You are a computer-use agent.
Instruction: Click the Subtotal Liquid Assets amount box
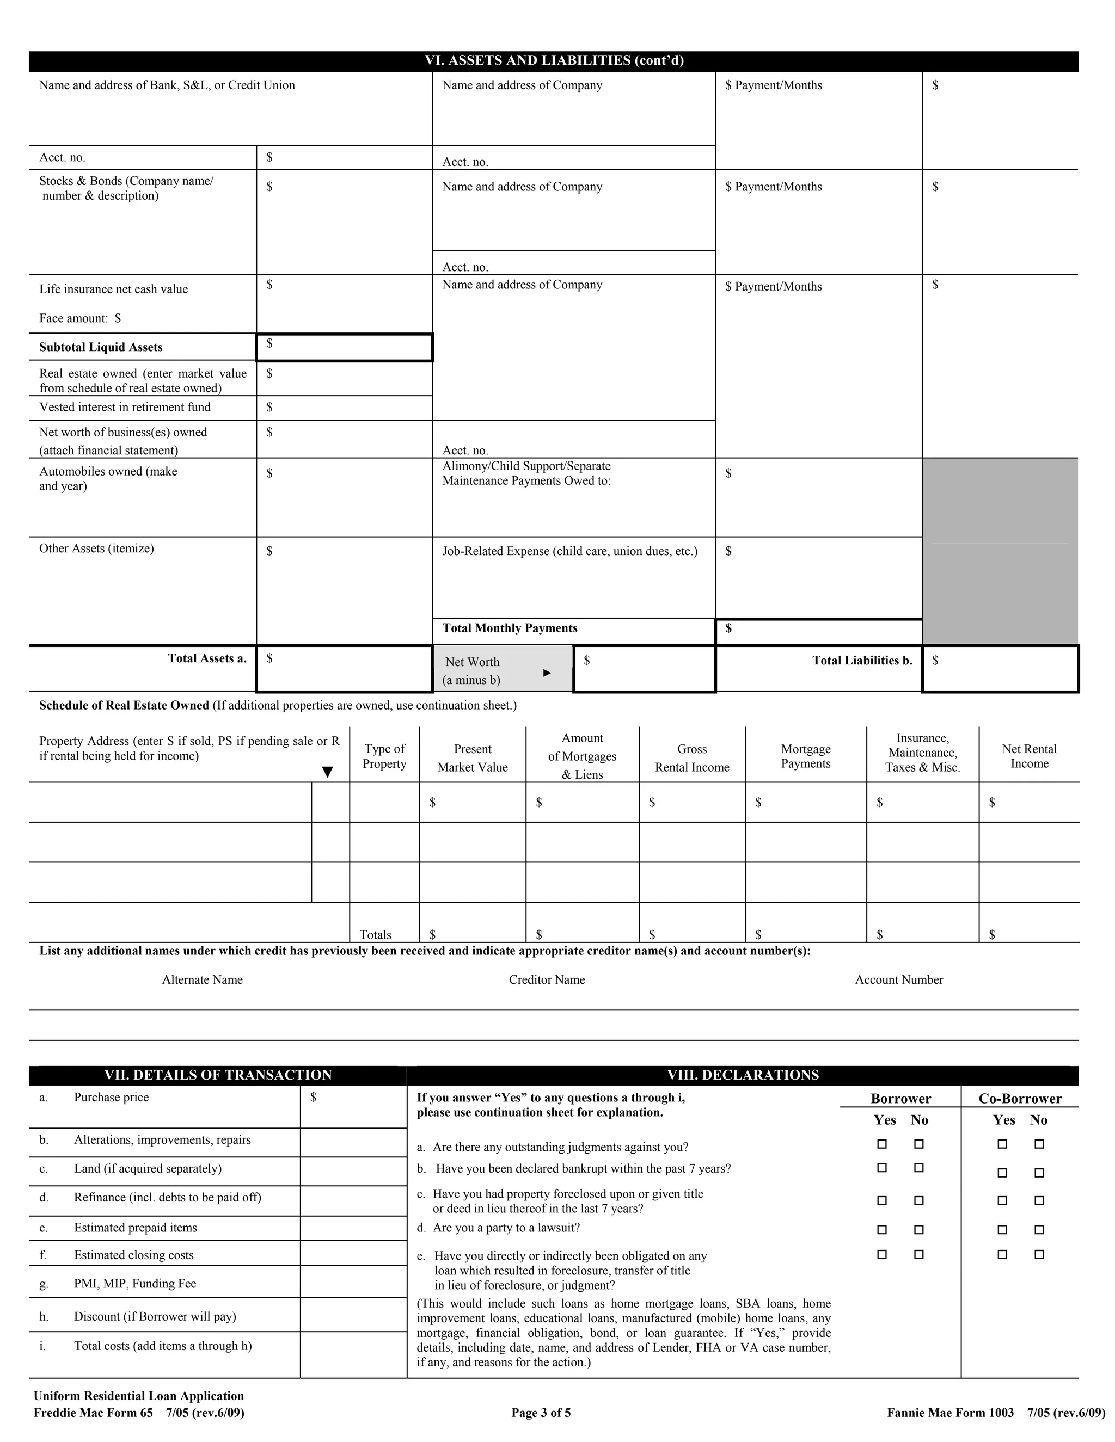coord(344,347)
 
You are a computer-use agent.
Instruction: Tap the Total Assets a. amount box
coord(344,668)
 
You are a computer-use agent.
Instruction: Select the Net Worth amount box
coord(644,669)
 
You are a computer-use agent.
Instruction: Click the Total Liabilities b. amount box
coord(1000,668)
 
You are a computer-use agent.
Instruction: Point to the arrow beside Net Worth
coord(547,673)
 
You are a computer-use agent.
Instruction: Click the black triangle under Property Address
coord(327,772)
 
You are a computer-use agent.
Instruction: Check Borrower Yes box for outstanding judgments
coord(882,1144)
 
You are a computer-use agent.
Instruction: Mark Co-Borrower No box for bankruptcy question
coord(1039,1173)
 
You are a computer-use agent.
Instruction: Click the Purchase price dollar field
coord(353,1107)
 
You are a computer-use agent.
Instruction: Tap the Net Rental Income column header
coord(1028,756)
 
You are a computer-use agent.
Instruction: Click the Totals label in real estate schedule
coord(375,934)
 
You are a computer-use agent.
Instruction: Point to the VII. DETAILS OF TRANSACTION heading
coord(218,1075)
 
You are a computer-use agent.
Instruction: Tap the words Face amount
coord(73,318)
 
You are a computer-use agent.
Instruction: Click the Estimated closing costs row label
coord(133,1255)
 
